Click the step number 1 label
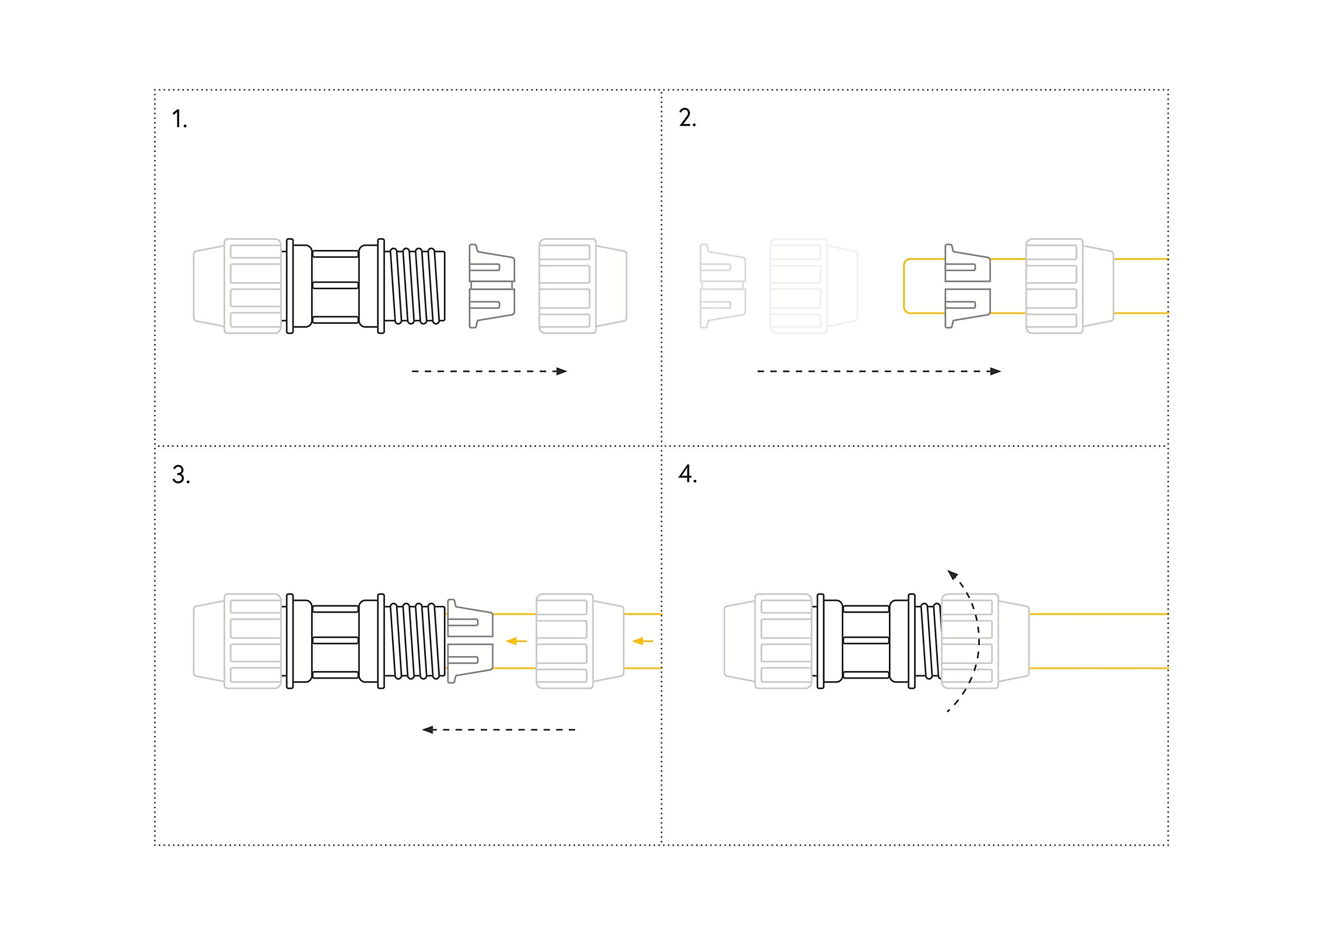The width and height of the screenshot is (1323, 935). click(180, 119)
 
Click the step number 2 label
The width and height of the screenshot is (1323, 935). click(687, 118)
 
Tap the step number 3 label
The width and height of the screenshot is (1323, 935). click(181, 475)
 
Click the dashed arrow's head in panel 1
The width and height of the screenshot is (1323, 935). click(561, 371)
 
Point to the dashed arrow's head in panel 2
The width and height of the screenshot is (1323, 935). click(995, 371)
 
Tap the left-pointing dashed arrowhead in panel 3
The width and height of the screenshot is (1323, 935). click(428, 730)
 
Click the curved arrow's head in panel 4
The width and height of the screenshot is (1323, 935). click(952, 574)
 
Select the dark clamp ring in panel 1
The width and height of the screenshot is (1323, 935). click(491, 286)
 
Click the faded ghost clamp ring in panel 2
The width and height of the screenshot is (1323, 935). click(722, 286)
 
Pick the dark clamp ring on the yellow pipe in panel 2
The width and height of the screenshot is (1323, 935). click(967, 286)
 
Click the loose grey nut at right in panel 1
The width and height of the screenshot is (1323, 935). click(582, 286)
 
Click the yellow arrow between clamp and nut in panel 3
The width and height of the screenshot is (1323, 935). click(516, 641)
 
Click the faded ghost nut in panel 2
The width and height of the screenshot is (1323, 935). click(813, 286)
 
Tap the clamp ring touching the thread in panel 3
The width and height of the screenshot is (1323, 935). click(470, 641)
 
